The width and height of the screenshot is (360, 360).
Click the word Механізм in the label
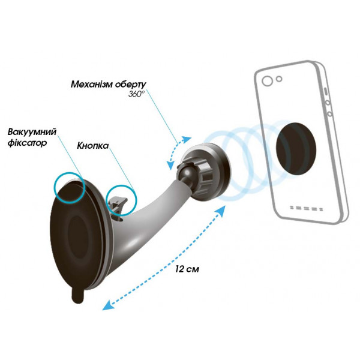[x=92, y=84]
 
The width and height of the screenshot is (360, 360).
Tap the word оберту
[x=130, y=85]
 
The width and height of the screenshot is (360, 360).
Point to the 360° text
[x=136, y=94]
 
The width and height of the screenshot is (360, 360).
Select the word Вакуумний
[x=32, y=132]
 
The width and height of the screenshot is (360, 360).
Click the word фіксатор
[x=28, y=143]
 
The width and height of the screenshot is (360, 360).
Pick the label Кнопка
[x=93, y=146]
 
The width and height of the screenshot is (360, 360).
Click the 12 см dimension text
[x=187, y=269]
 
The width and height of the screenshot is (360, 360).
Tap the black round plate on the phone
[x=296, y=149]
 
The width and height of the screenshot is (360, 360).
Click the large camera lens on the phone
[x=267, y=81]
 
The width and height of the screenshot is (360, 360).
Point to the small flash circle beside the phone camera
[x=279, y=79]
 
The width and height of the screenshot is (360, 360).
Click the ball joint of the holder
[x=185, y=173]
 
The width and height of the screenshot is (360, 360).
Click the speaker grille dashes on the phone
[x=306, y=208]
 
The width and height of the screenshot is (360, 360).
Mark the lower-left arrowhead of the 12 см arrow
[x=107, y=305]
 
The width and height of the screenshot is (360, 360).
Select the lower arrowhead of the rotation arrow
[x=170, y=166]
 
